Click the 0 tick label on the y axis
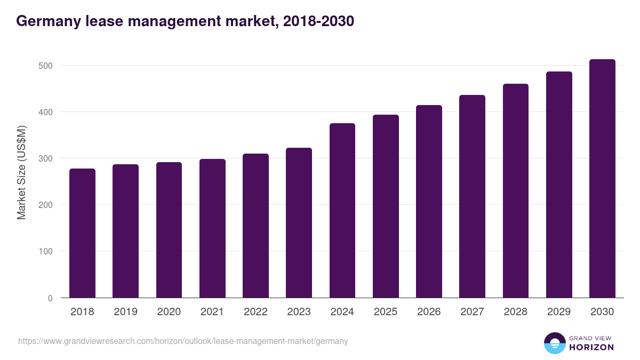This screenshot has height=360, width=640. coord(50,298)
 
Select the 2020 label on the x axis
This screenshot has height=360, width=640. coord(169,312)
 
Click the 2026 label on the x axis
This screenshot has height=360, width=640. coord(429,312)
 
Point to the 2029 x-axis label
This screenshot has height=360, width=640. coord(559,312)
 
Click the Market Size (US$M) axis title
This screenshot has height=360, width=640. coord(21,172)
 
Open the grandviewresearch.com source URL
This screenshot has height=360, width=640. coord(183,341)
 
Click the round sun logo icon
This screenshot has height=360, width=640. coord(555,343)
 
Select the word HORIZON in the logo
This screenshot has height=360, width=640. coord(591,347)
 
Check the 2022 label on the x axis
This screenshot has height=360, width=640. coord(255,312)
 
